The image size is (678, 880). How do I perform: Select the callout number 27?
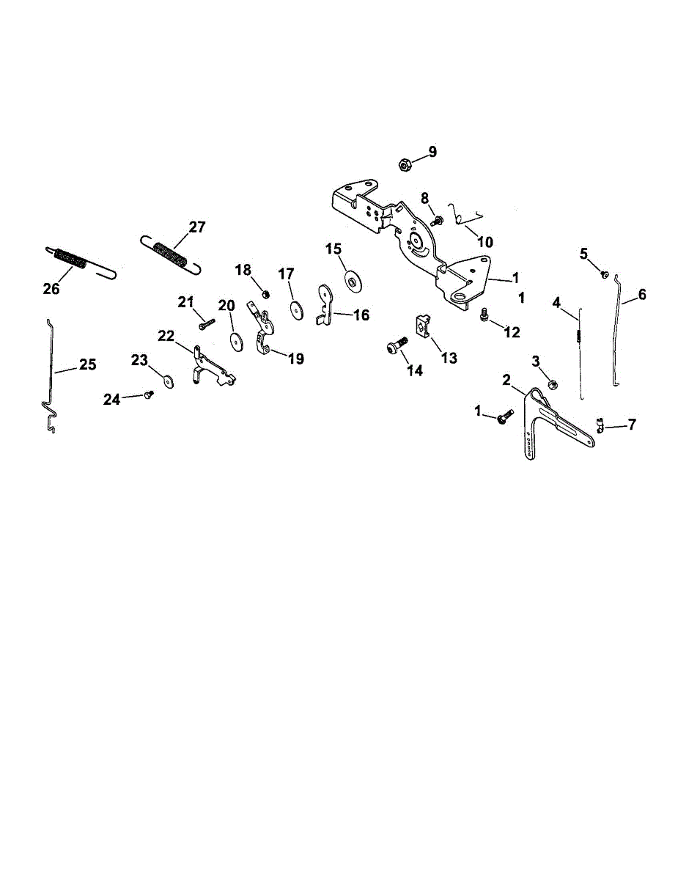tap(197, 227)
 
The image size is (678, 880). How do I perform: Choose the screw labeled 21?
tap(206, 320)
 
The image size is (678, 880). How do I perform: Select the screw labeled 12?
tap(484, 315)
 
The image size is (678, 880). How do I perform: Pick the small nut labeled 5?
tap(605, 274)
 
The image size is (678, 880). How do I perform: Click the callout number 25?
tap(87, 364)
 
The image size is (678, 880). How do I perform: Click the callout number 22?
tap(166, 336)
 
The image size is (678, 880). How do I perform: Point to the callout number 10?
tap(485, 242)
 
